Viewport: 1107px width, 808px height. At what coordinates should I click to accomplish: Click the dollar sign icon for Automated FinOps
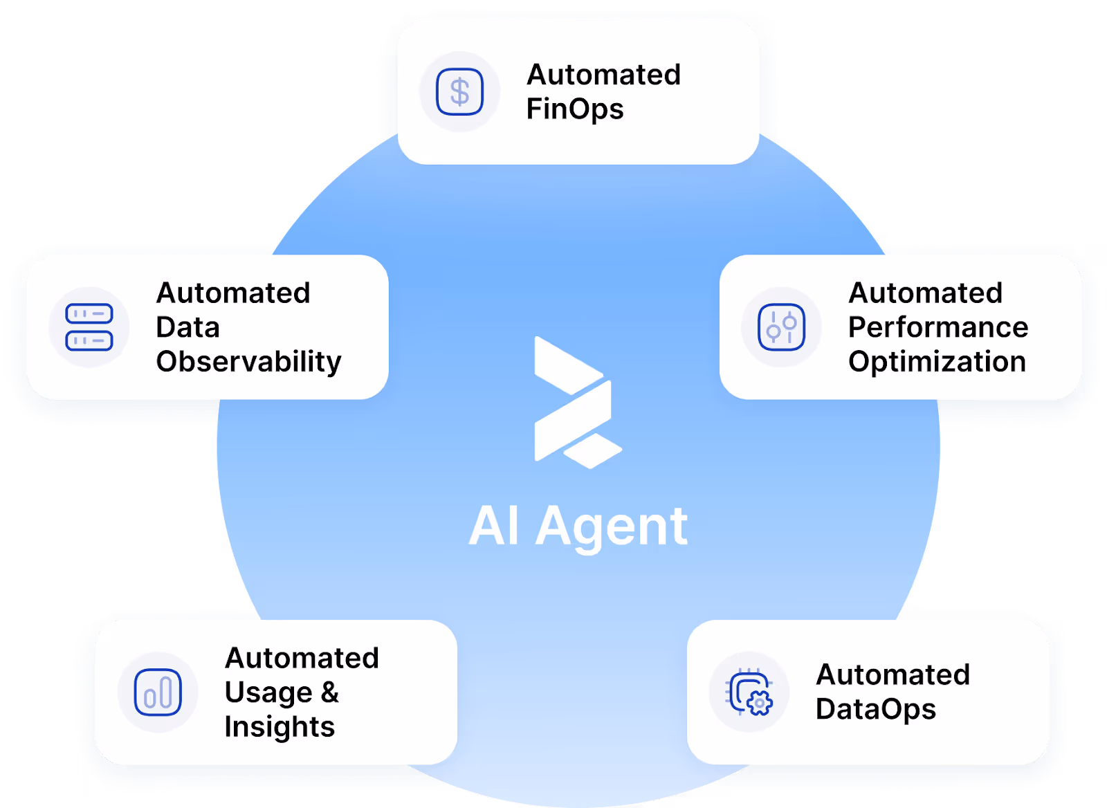[459, 91]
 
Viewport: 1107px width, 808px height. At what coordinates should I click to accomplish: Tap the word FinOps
[575, 109]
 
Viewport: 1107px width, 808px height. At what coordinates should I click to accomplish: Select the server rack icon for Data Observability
[89, 327]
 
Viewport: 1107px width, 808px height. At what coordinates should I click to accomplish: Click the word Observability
[248, 362]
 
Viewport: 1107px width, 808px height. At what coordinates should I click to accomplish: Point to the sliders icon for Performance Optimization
[781, 327]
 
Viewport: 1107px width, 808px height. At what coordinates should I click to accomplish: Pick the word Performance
[938, 327]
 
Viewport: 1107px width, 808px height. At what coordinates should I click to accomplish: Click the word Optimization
[937, 362]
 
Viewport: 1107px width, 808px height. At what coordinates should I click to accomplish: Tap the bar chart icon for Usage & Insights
[158, 692]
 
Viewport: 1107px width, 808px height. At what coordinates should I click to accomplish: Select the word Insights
[280, 727]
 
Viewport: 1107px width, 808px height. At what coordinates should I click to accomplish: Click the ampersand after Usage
[330, 692]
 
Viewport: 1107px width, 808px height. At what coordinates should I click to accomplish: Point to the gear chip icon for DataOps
[749, 692]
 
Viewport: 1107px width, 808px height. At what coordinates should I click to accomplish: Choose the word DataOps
[875, 710]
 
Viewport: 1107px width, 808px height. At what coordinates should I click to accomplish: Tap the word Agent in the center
[612, 527]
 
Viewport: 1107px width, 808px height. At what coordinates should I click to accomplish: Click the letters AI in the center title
[494, 527]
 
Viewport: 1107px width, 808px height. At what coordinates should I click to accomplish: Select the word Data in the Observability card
[187, 327]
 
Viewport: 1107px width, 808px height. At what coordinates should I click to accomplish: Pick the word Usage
[268, 693]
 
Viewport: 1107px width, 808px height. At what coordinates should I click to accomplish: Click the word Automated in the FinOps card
[603, 75]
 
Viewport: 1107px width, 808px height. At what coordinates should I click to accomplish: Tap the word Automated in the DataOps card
[893, 675]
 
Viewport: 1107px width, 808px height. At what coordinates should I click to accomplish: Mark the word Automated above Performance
[925, 293]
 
